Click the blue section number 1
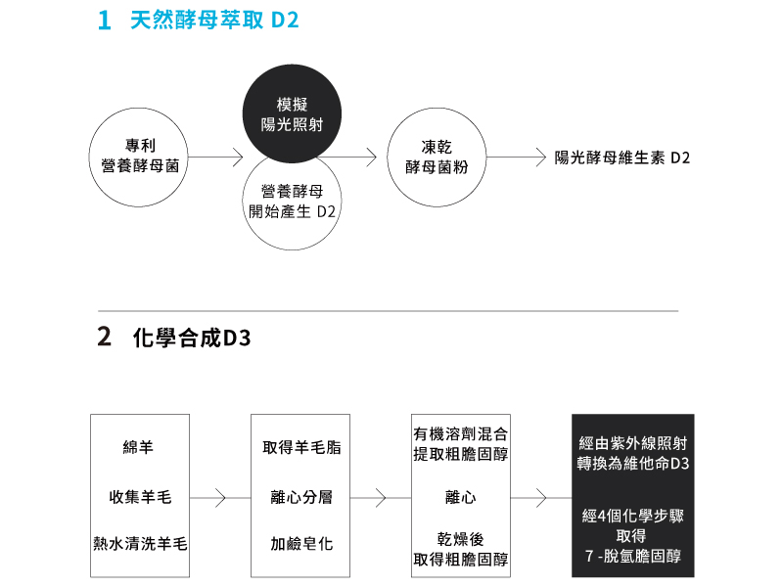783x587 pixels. tap(105, 21)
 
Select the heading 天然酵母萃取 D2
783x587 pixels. tap(214, 21)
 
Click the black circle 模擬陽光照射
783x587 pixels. tap(292, 113)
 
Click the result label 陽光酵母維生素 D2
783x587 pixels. tap(622, 158)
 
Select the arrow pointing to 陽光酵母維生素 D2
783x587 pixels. tap(517, 158)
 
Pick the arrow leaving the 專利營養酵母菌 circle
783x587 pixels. tap(215, 158)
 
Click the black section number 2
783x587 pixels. tap(104, 337)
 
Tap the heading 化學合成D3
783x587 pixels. tap(192, 338)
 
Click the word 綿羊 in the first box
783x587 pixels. tap(138, 447)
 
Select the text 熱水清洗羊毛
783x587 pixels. tap(140, 544)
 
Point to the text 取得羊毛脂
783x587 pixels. tap(301, 447)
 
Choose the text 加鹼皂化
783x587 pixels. tap(301, 544)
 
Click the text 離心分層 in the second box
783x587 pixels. tap(301, 497)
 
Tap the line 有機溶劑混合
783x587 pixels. tap(460, 434)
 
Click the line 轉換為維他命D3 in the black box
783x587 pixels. tap(633, 463)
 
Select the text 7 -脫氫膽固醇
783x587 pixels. tap(633, 556)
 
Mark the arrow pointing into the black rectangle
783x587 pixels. tap(541, 498)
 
